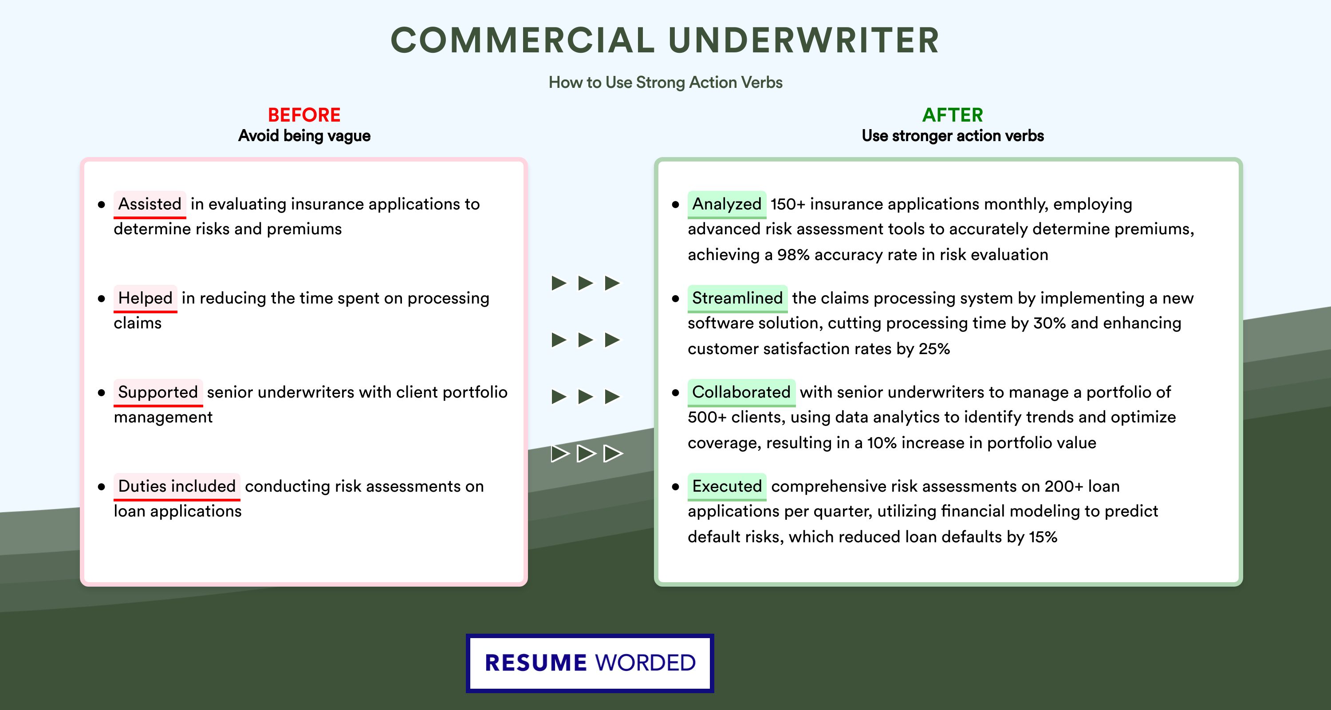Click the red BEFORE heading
(x=304, y=115)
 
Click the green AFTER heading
(x=952, y=115)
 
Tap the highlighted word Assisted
(x=150, y=204)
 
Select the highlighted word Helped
(x=145, y=298)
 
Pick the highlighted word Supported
(x=158, y=392)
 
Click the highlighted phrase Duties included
(x=177, y=486)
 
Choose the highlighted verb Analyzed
(x=726, y=204)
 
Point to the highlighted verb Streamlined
(x=737, y=298)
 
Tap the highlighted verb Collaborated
(x=741, y=392)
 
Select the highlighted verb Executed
(x=726, y=486)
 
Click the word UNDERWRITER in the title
(x=803, y=40)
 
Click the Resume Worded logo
(x=590, y=663)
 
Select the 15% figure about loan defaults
(x=1043, y=537)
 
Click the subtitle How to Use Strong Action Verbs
(x=665, y=82)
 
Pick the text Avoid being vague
(x=304, y=136)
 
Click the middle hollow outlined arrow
(x=586, y=453)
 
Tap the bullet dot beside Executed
(x=675, y=487)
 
